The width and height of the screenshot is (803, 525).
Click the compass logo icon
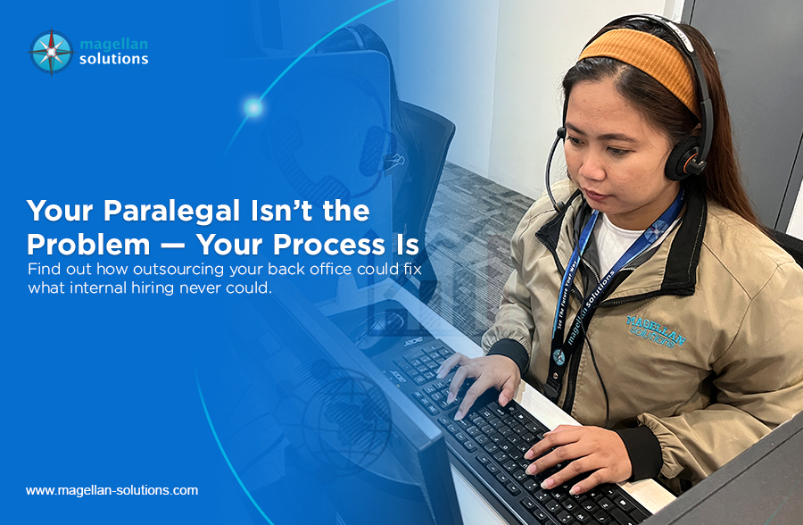(51, 51)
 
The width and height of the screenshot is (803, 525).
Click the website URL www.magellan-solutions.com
(112, 490)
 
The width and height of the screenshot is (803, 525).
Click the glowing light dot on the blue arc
(253, 108)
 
